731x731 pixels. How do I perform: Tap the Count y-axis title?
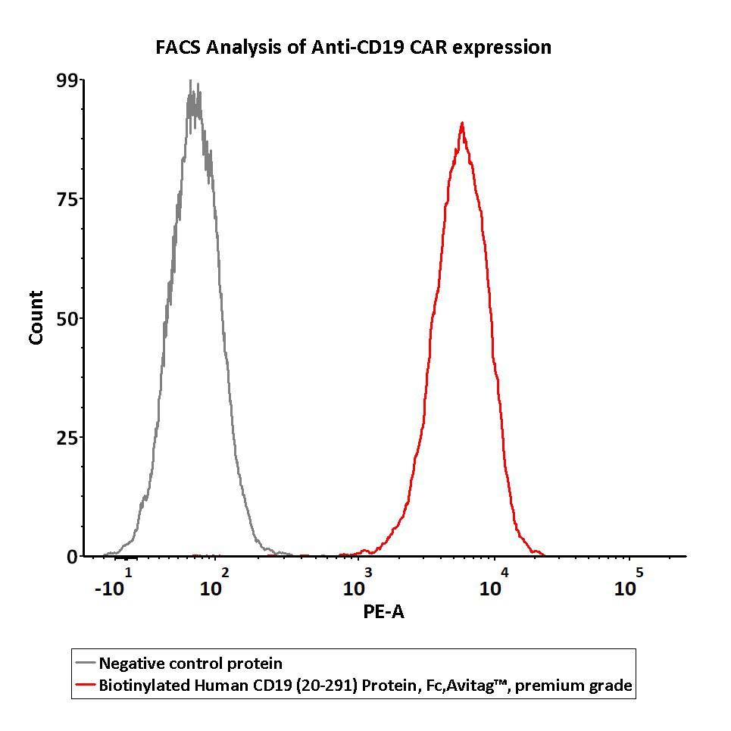[36, 318]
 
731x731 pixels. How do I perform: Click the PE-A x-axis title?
[384, 612]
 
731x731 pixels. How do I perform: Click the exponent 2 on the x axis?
[224, 573]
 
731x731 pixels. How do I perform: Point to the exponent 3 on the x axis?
[368, 573]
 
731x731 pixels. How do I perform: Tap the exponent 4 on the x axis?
[505, 573]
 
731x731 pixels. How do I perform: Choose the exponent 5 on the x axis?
[639, 573]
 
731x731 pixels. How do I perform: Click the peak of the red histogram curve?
[461, 123]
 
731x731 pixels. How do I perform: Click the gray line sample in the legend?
[86, 664]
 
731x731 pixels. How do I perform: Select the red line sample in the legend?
[86, 686]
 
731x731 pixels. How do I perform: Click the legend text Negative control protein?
[191, 664]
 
